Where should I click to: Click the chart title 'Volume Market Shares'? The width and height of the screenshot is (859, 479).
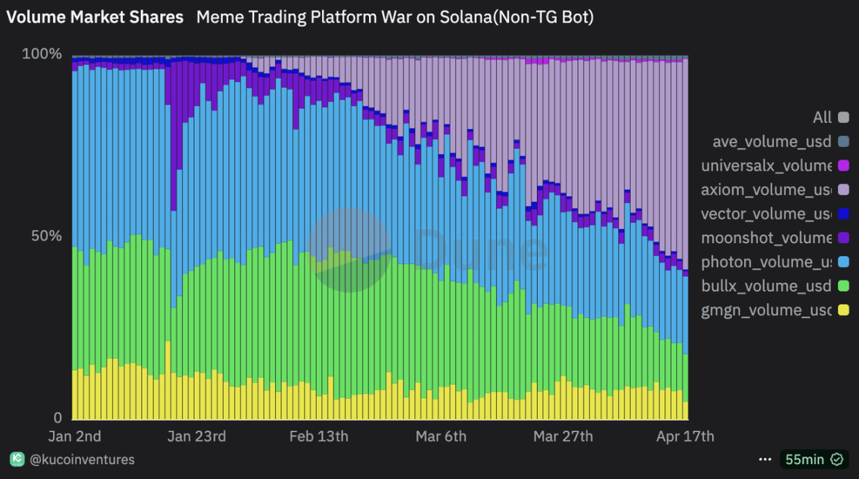point(95,17)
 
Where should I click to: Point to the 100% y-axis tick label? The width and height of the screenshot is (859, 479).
point(42,54)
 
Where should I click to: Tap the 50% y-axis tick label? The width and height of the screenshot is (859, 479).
point(46,236)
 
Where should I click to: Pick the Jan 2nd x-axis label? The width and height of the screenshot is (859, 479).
point(75,436)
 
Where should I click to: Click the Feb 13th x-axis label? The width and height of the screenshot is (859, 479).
point(318,436)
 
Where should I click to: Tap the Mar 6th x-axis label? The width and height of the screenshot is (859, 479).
point(440,436)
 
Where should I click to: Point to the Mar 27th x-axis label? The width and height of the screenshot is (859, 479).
point(563,436)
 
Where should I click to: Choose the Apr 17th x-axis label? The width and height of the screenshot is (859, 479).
point(684,436)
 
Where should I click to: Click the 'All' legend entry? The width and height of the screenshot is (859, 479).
point(822,117)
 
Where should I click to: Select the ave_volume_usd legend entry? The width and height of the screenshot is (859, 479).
point(772,142)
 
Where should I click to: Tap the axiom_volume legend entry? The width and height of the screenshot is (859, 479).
point(767,190)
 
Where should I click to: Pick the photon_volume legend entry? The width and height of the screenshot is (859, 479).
point(767,262)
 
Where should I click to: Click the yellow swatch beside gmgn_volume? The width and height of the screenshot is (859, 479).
point(843,310)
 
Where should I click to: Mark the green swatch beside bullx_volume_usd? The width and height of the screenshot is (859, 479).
point(843,286)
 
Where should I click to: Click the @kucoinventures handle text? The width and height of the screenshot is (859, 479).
point(82,460)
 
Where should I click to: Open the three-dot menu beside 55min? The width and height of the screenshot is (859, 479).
point(764,460)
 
